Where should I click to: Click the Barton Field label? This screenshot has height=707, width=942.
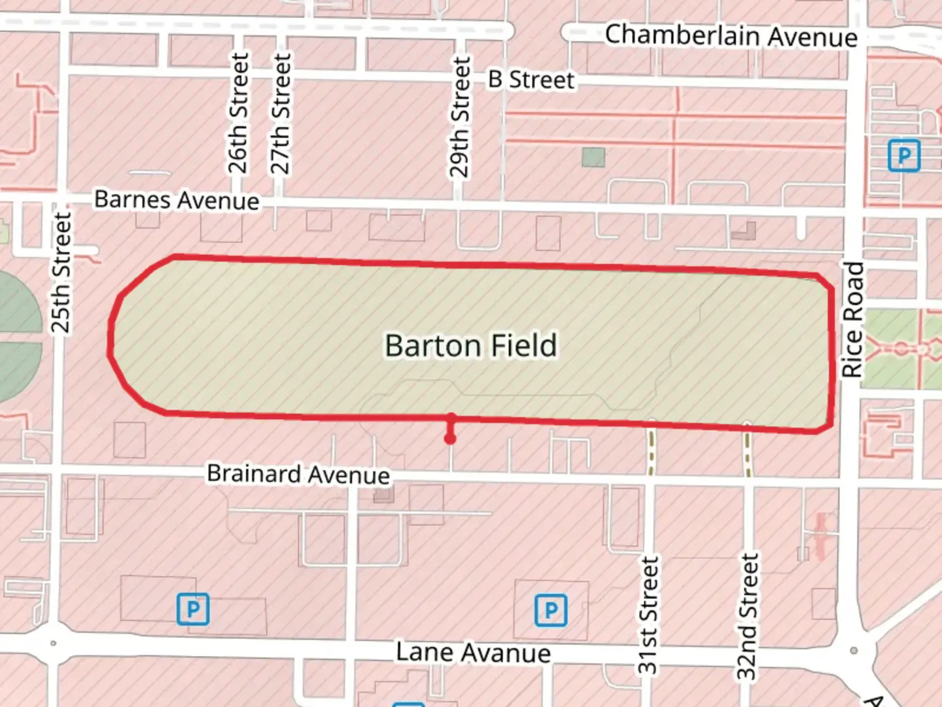coord(471,346)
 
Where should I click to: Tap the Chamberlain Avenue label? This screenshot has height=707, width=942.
coord(731,35)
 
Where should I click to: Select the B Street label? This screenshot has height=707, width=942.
coord(531,80)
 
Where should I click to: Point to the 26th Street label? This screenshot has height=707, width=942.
coord(239,113)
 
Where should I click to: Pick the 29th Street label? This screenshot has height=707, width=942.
coord(460,117)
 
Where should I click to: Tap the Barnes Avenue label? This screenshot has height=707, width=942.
coord(177,200)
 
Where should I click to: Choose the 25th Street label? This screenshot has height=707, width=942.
coord(60,272)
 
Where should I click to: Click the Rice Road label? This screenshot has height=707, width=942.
coord(852,319)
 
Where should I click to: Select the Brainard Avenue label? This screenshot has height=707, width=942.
coord(298,474)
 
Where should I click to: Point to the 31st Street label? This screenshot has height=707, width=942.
coord(648,615)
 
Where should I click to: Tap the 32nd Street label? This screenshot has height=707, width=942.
coord(748,617)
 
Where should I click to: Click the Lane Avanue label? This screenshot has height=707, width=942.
coord(473,653)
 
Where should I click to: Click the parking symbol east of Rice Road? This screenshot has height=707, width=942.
coord(904,156)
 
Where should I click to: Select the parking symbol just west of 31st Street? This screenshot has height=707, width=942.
coord(551,610)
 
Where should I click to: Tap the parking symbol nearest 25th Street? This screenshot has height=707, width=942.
coord(193,609)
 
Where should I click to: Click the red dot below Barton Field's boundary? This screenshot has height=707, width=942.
coord(450,439)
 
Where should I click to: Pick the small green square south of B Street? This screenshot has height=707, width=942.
coord(593,157)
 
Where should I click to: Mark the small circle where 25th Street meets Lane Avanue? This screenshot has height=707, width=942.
coord(53,644)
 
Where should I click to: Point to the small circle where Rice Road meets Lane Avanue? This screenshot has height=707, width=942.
coord(854,650)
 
